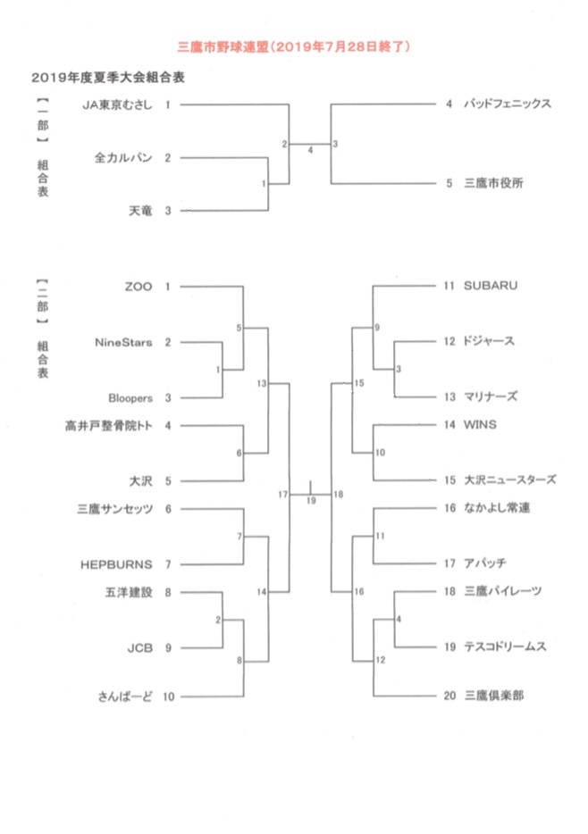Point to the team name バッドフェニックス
[x=507, y=104]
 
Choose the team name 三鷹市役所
[x=493, y=184]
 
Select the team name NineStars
[x=123, y=342]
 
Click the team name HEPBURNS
[x=116, y=563]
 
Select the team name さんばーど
[x=126, y=696]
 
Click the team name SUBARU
[x=491, y=287]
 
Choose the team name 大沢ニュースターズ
[x=509, y=480]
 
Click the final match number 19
[x=311, y=501]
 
